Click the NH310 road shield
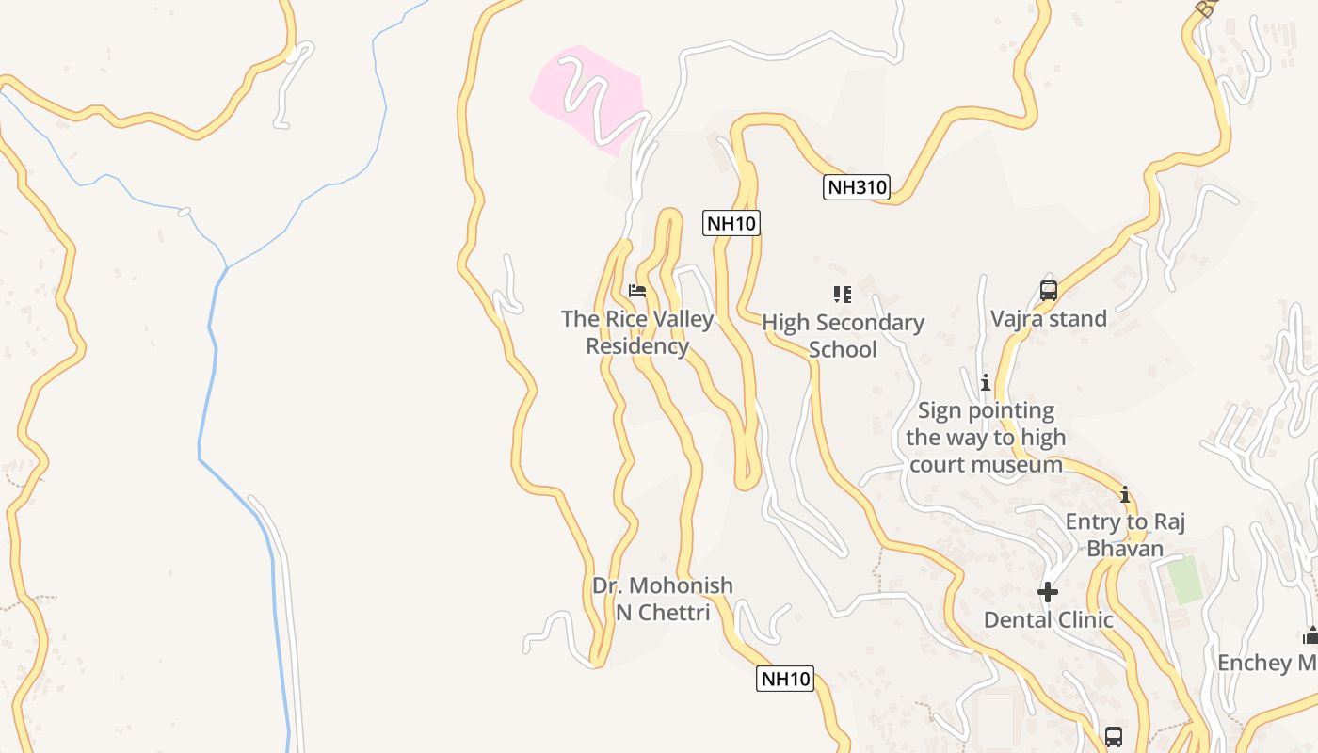pyautogui.click(x=857, y=187)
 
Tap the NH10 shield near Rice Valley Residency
pyautogui.click(x=731, y=223)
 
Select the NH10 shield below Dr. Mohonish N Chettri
pyautogui.click(x=785, y=679)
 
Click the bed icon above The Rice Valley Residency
pyautogui.click(x=637, y=291)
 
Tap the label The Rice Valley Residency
pyautogui.click(x=637, y=332)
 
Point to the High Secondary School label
pyautogui.click(x=843, y=335)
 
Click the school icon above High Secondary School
pyautogui.click(x=843, y=295)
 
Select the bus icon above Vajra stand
pyautogui.click(x=1049, y=291)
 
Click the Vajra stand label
pyautogui.click(x=1049, y=319)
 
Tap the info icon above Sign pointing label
pyautogui.click(x=986, y=383)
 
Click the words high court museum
pyautogui.click(x=986, y=464)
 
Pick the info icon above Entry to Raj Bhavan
pyautogui.click(x=1125, y=494)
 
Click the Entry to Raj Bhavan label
pyautogui.click(x=1125, y=535)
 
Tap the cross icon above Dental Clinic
pyautogui.click(x=1048, y=592)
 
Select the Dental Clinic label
pyautogui.click(x=1048, y=619)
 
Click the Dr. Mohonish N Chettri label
pyautogui.click(x=662, y=599)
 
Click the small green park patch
pyautogui.click(x=1185, y=580)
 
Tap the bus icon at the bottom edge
pyautogui.click(x=1114, y=736)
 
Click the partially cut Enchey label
pyautogui.click(x=1266, y=663)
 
